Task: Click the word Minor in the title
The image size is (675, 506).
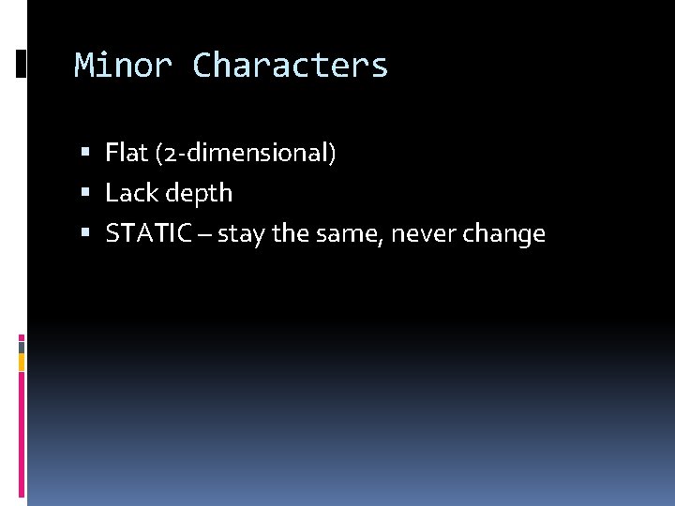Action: (x=123, y=66)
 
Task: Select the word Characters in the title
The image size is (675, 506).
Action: (x=290, y=66)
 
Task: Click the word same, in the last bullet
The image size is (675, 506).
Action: (x=349, y=234)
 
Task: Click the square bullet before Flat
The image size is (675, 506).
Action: (x=85, y=152)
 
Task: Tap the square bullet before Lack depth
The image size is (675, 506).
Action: (x=85, y=193)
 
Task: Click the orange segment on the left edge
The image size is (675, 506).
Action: (x=22, y=362)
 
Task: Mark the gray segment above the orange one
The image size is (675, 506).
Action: (x=22, y=346)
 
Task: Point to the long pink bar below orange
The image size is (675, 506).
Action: (x=22, y=431)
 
